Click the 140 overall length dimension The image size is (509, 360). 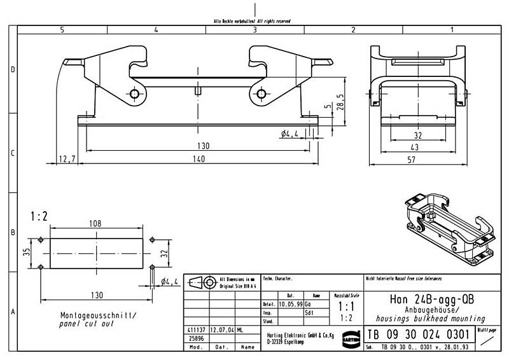coord(199,159)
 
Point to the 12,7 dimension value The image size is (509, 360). coord(67,159)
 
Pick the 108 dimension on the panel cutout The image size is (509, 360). coord(95,225)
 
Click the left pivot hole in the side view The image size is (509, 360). coord(135,94)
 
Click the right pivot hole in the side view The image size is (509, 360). coord(261,94)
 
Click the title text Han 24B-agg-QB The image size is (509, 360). coord(431,300)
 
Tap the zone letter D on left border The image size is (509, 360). coord(12,69)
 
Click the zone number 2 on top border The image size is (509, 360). coord(352,29)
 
